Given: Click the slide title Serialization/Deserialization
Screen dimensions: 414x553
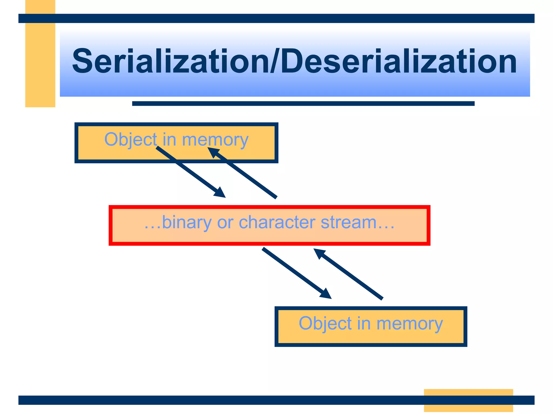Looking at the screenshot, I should pyautogui.click(x=294, y=61).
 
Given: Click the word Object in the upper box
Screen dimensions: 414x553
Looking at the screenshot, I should pyautogui.click(x=131, y=140).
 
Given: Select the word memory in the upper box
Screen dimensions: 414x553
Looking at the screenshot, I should pyautogui.click(x=215, y=140).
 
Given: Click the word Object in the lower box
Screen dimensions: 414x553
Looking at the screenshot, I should pyautogui.click(x=325, y=323).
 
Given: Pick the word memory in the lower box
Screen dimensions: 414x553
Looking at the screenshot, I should pyautogui.click(x=410, y=324).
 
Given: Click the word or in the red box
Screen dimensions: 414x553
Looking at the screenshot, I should pyautogui.click(x=225, y=223).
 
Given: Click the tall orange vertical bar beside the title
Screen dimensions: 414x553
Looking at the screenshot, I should pyautogui.click(x=40, y=62).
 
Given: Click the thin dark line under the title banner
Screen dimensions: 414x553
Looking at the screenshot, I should pyautogui.click(x=303, y=103).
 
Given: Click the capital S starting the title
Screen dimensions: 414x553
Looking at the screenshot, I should pyautogui.click(x=82, y=61).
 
